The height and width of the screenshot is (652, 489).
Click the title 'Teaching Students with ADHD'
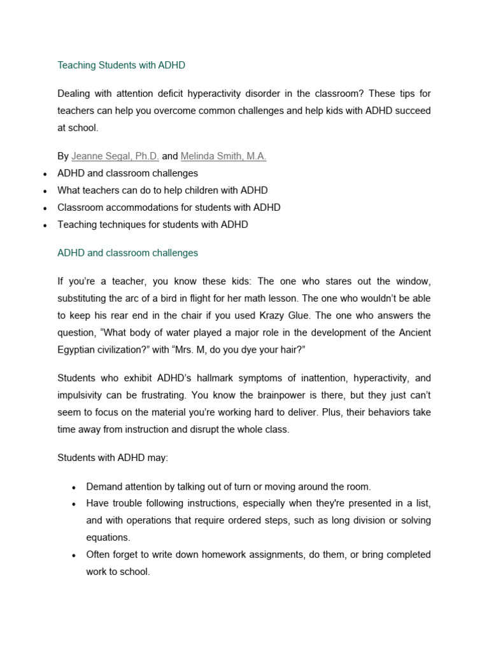tap(121, 65)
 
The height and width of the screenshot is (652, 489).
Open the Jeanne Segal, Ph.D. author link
tap(115, 156)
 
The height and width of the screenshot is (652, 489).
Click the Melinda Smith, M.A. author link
tap(223, 156)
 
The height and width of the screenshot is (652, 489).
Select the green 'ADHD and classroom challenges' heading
tap(127, 253)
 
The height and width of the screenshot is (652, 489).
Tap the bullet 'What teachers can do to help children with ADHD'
tap(162, 190)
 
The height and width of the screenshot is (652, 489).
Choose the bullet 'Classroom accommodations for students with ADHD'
tap(169, 208)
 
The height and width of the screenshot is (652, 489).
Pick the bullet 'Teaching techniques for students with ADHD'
tap(153, 225)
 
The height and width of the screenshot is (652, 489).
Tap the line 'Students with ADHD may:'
tap(113, 458)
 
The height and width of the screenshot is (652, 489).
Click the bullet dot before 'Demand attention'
tap(74, 488)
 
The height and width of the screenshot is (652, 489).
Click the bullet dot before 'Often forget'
tap(74, 556)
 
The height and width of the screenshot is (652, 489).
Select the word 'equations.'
tap(108, 537)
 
